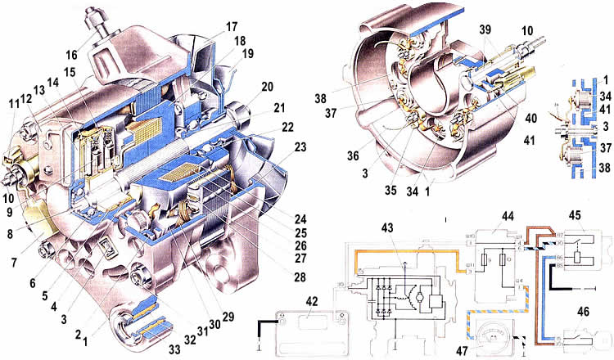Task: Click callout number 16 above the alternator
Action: point(73,54)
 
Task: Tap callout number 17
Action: point(231,25)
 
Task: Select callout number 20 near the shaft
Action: point(267,88)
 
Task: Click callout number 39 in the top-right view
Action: point(487,40)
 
